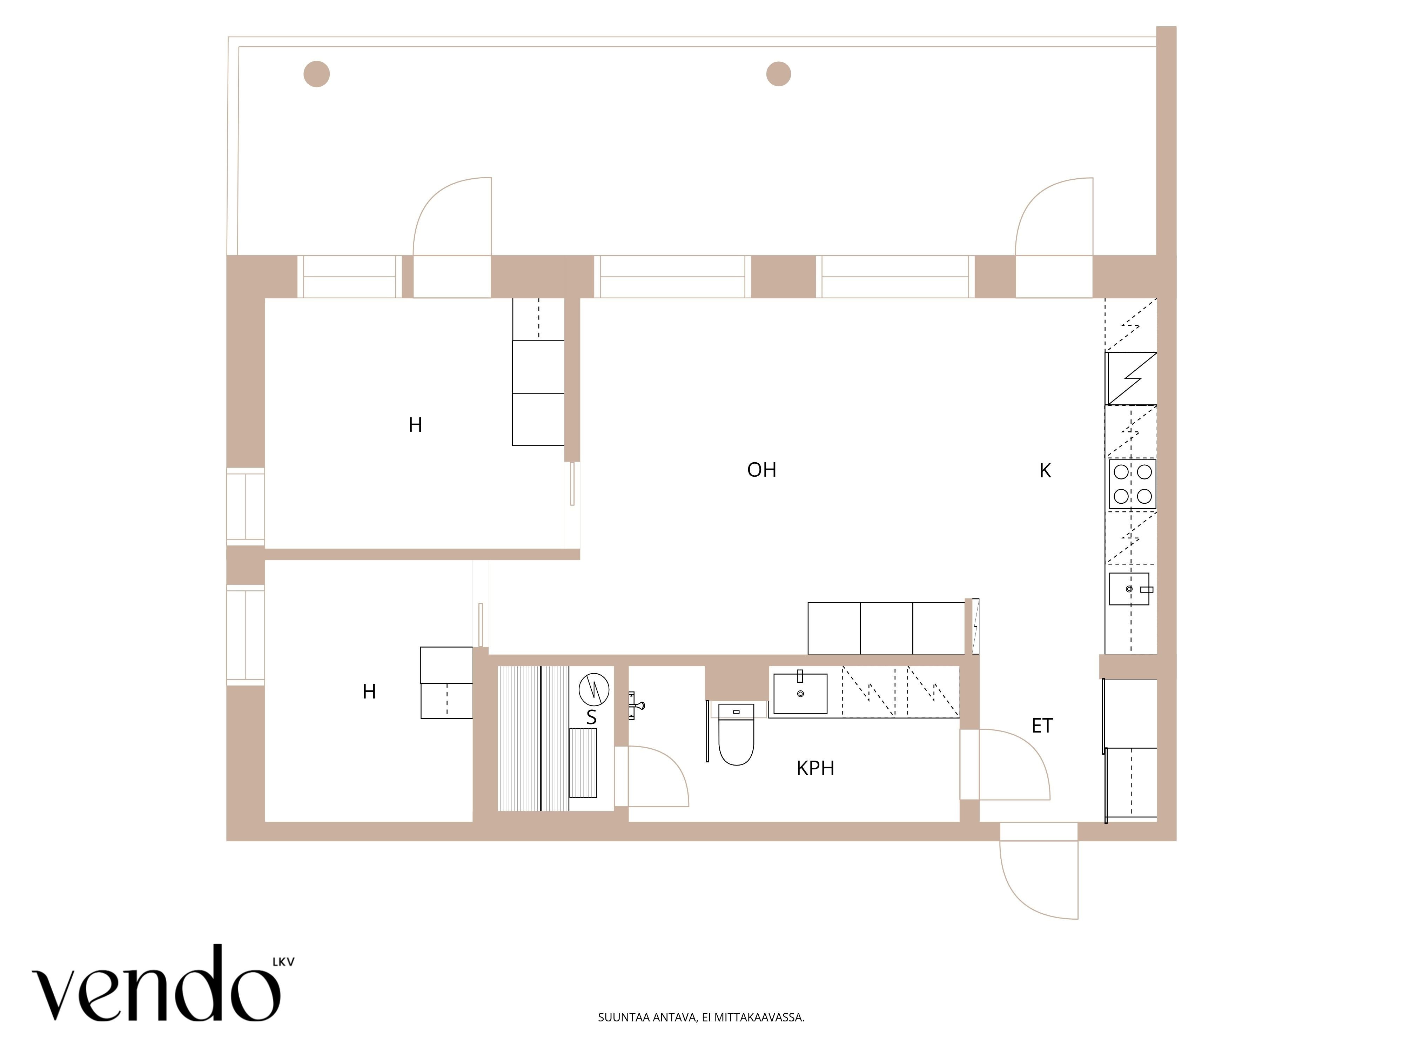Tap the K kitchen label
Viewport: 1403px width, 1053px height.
pos(1045,470)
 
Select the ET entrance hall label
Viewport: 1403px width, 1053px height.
pos(1042,726)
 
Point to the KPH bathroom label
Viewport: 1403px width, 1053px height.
pos(815,768)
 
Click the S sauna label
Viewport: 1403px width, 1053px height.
pos(591,717)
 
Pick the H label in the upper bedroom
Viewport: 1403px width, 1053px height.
pos(415,425)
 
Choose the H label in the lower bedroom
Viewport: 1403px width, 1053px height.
pos(369,691)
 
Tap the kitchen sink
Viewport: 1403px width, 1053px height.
pos(1129,589)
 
